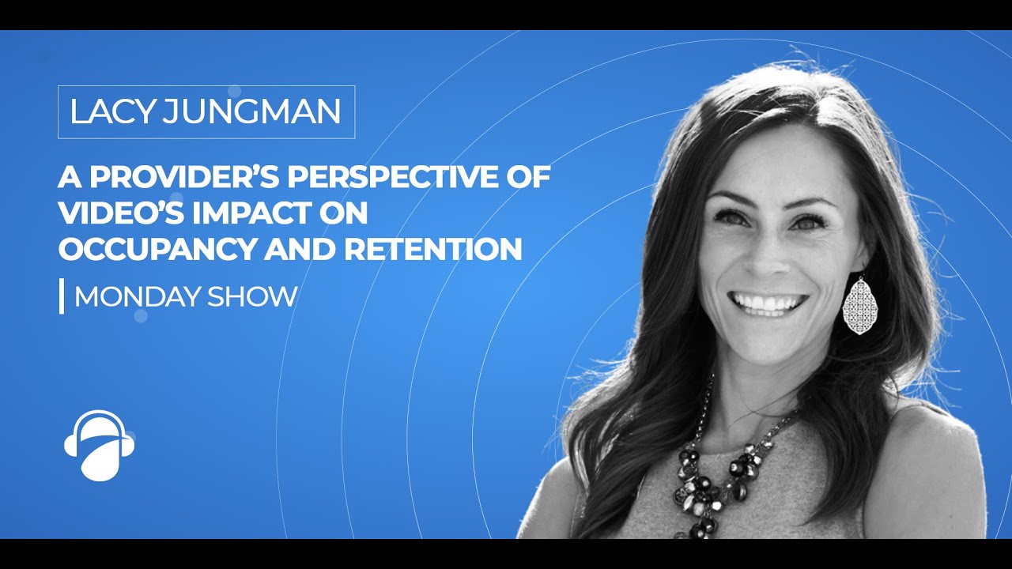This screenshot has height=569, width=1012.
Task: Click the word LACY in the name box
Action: (111, 112)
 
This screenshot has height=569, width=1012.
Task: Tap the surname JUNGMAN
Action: (251, 112)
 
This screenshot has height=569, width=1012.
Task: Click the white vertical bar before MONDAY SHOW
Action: (62, 297)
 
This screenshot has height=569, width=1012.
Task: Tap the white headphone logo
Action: (99, 445)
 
